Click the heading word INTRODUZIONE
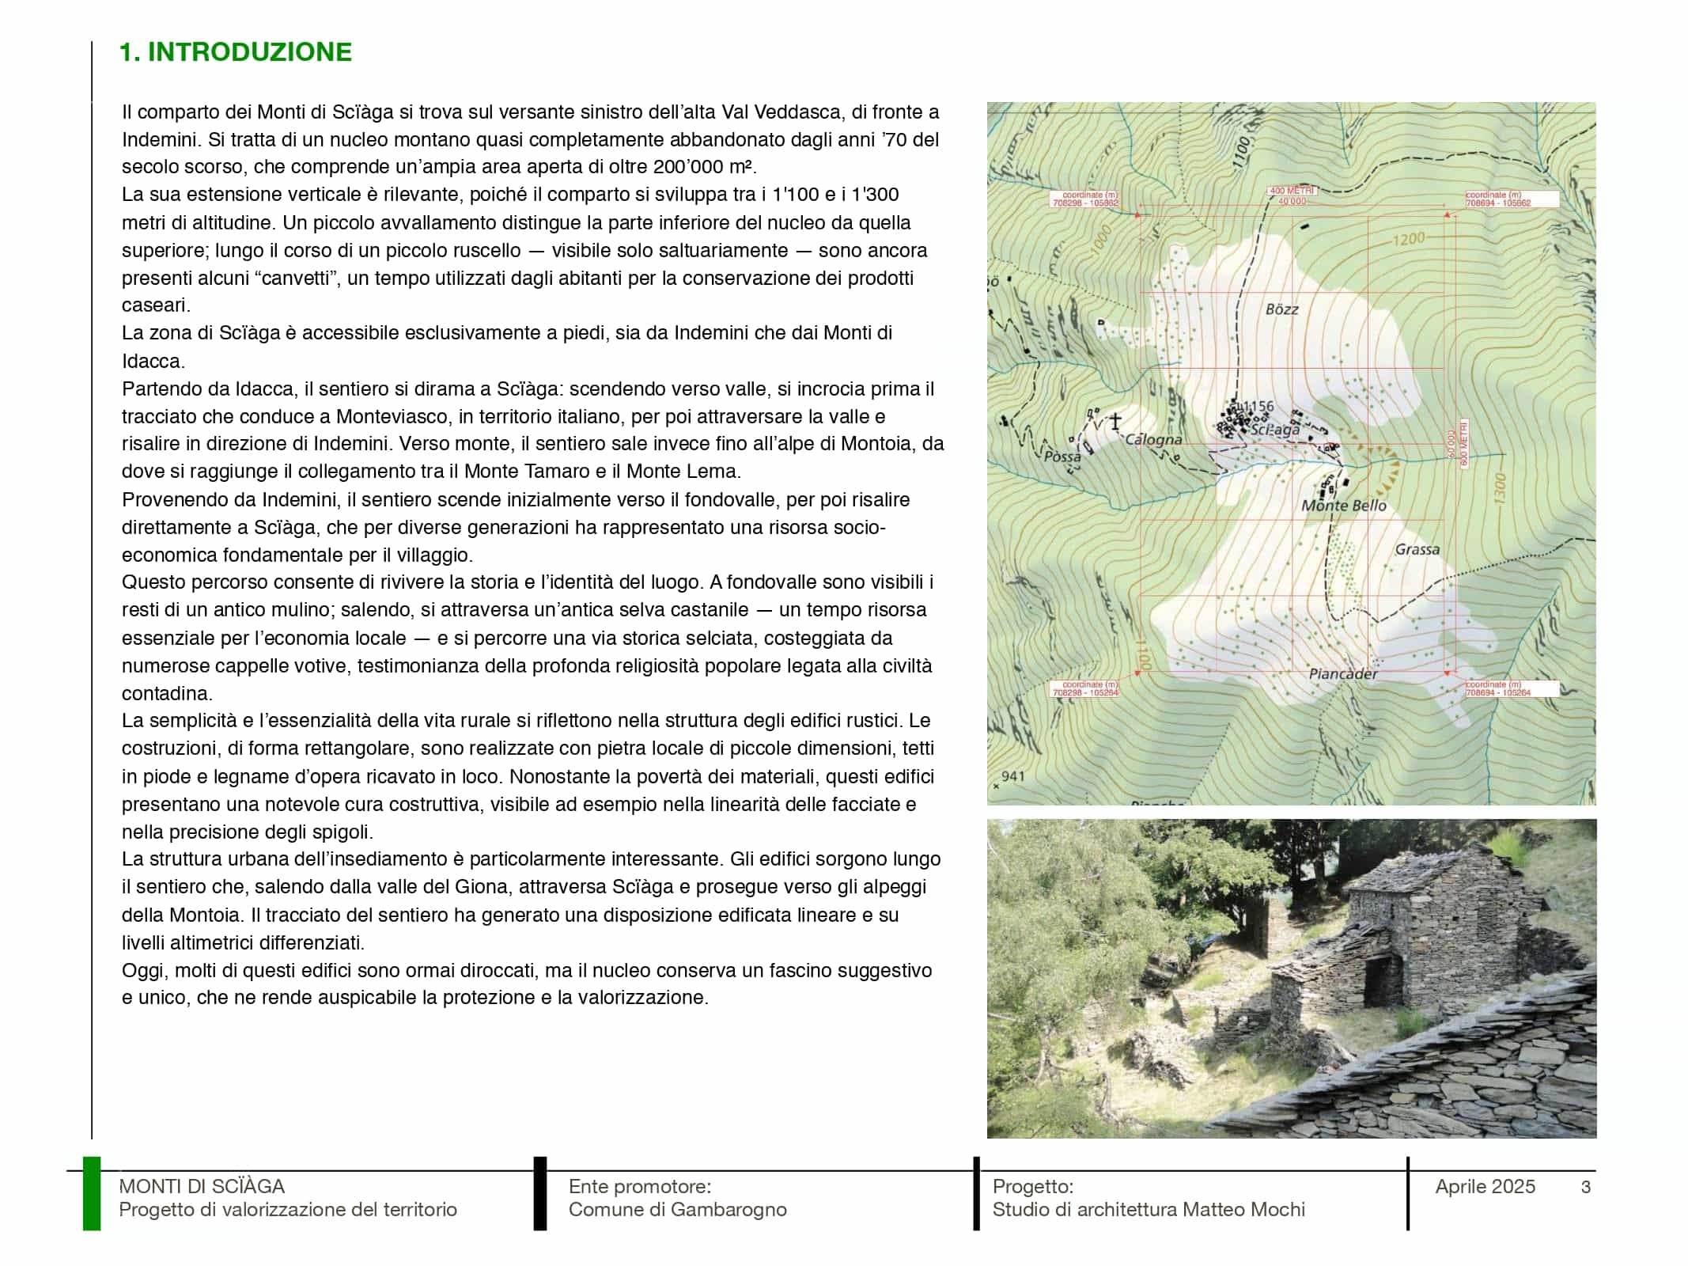[249, 52]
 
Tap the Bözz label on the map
[1281, 309]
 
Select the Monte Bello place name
[1344, 506]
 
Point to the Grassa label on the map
[1417, 549]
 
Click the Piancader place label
[1342, 674]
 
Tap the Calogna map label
[1153, 440]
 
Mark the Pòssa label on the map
[1062, 457]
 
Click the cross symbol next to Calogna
[1115, 422]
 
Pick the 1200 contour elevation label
[1408, 239]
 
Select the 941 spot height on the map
[1012, 776]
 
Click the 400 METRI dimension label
[1291, 191]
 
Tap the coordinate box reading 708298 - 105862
[1084, 199]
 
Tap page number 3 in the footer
[1585, 1187]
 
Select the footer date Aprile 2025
[1485, 1187]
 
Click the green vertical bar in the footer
[92, 1194]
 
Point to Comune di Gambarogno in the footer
[677, 1210]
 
